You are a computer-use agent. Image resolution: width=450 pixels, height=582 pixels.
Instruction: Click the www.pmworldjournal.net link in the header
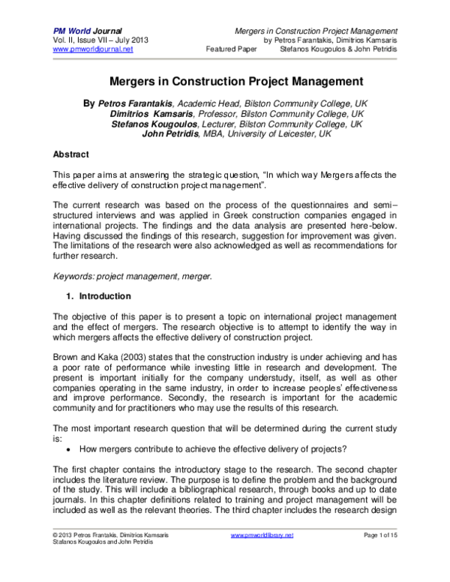(x=92, y=49)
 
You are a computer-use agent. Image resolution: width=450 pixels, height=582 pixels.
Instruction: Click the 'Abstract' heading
(x=73, y=154)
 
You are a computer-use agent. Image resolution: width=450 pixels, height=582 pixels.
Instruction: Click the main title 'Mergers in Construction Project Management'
(x=225, y=80)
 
